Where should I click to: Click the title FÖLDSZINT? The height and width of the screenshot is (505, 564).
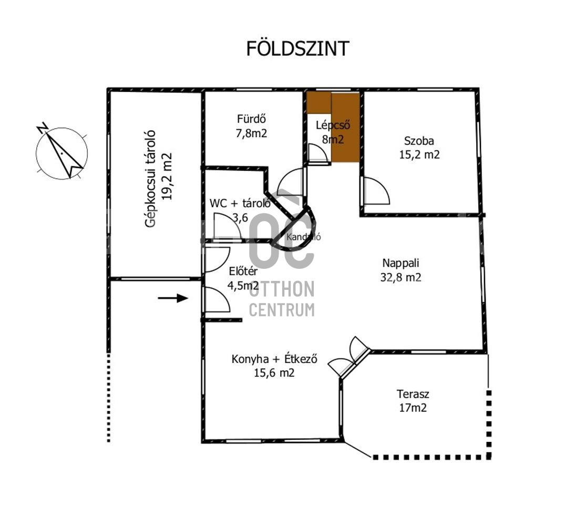[298, 48]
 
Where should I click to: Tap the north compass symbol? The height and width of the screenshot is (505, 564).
[62, 153]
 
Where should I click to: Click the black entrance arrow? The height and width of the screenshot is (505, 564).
[173, 298]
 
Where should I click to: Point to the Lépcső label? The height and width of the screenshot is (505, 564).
[333, 125]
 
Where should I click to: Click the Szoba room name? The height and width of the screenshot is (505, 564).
[419, 140]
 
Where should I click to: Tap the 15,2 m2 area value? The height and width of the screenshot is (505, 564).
[419, 155]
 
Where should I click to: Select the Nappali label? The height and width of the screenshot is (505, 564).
[401, 263]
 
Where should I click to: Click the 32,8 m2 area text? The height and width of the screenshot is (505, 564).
[401, 277]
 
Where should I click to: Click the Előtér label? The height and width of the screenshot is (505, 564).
[243, 272]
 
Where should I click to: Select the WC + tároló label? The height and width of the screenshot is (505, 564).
[240, 203]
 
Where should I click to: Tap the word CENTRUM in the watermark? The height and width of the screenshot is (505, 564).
[282, 310]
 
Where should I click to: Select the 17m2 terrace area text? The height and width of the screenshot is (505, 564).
[412, 408]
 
